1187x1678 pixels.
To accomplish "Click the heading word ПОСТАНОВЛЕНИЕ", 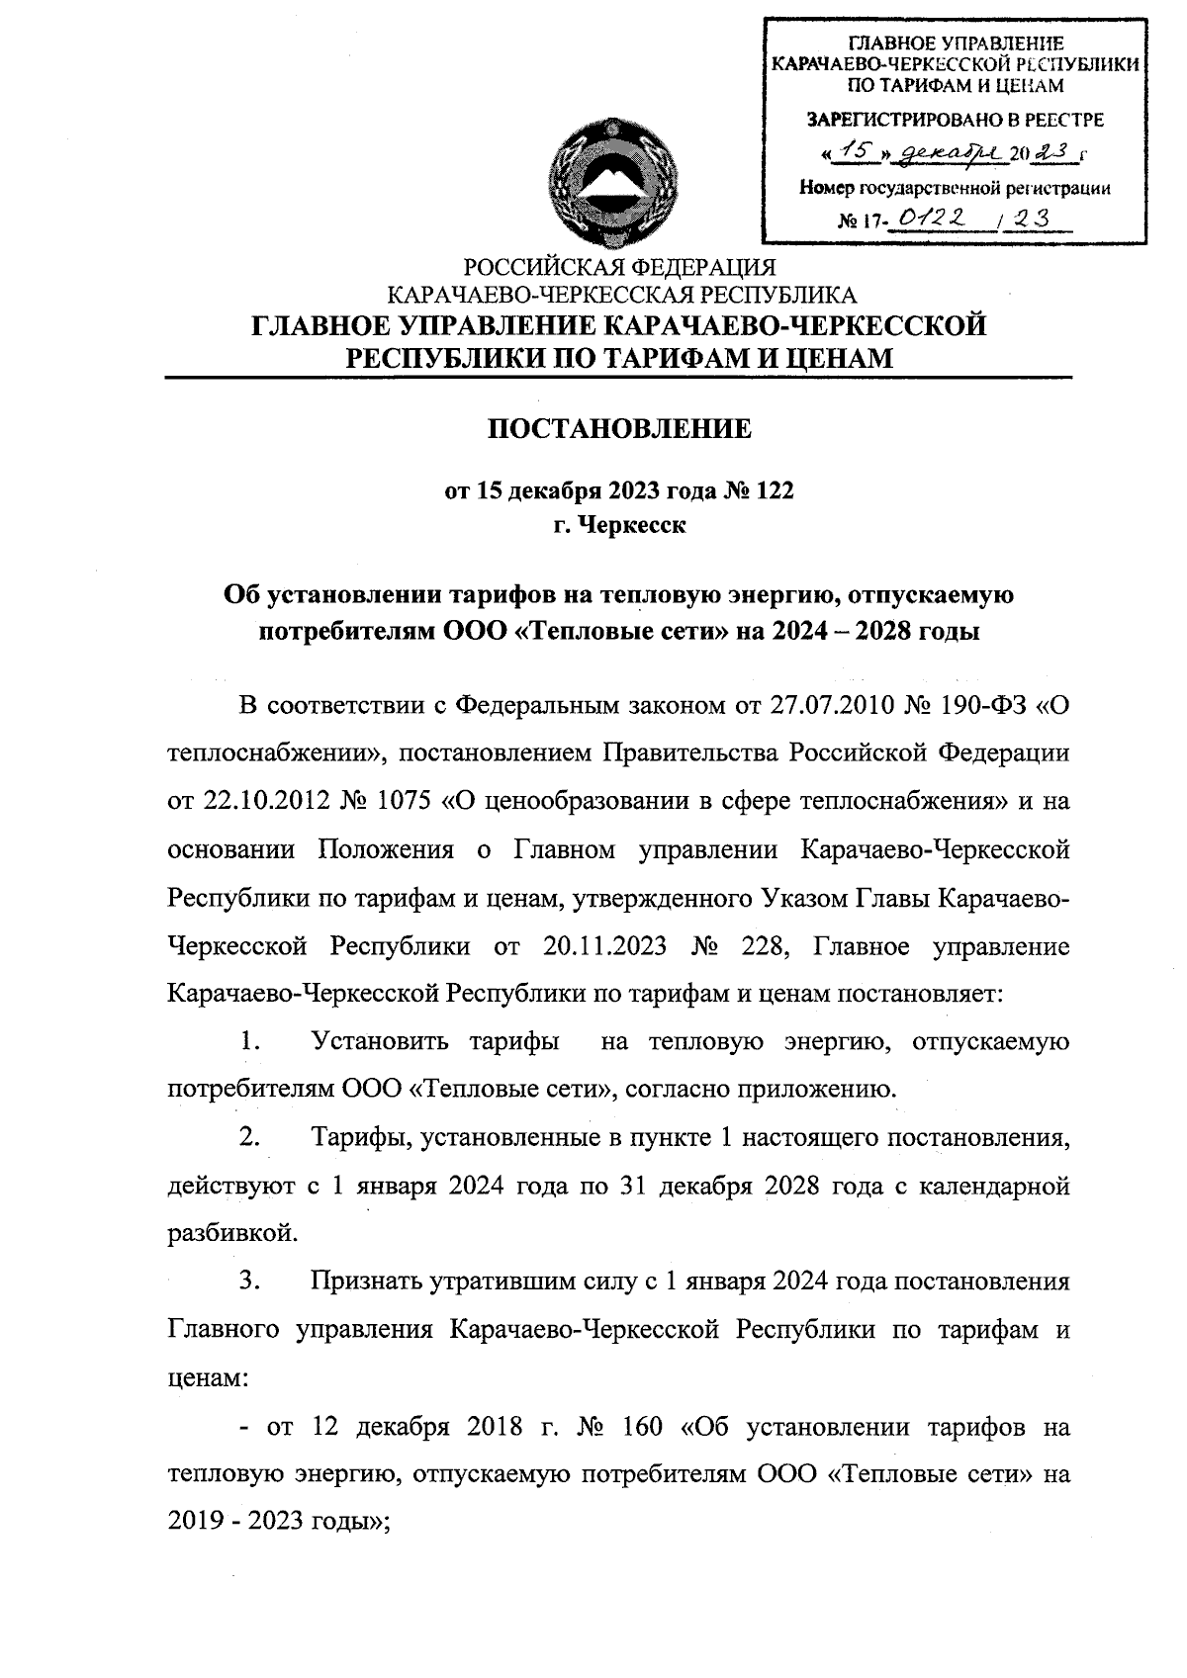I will click(621, 429).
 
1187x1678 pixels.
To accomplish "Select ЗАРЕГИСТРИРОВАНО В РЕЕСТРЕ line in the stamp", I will click(956, 121).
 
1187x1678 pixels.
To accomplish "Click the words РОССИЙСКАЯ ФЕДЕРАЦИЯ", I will click(620, 267).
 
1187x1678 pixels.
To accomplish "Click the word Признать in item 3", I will click(366, 1282).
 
